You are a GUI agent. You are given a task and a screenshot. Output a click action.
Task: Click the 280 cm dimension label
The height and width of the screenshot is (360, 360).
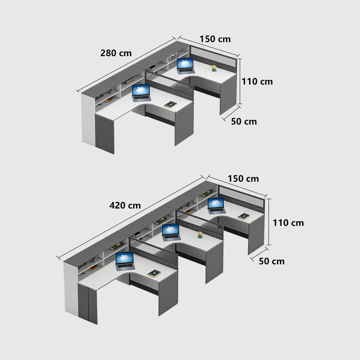[x=116, y=53]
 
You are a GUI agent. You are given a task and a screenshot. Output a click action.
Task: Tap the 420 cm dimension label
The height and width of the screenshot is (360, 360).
[x=125, y=205]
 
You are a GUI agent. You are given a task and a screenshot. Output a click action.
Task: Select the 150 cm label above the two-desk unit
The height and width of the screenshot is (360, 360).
[x=215, y=39]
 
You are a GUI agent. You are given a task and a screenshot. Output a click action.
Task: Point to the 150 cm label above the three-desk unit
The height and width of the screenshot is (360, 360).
[x=243, y=179]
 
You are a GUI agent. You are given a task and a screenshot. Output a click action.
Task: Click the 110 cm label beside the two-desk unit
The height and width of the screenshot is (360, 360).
[x=257, y=81]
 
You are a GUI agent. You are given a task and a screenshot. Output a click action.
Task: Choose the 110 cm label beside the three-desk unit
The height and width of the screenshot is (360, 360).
[x=288, y=223]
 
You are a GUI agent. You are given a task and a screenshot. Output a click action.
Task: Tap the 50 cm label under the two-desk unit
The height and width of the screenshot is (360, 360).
[x=244, y=121]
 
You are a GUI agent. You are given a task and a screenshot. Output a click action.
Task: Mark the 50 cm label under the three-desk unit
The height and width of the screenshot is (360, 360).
[x=271, y=261]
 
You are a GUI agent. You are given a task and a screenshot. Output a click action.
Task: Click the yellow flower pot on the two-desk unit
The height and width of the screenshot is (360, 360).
[x=214, y=68]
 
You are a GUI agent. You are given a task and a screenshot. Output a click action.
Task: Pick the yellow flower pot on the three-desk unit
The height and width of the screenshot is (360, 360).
[x=200, y=234]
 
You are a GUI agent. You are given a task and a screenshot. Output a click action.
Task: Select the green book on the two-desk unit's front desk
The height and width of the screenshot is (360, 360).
[x=170, y=105]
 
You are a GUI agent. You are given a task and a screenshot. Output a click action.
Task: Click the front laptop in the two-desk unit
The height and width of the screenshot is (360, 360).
[x=141, y=93]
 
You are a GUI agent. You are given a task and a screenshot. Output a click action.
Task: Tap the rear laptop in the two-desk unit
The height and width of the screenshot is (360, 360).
[x=185, y=66]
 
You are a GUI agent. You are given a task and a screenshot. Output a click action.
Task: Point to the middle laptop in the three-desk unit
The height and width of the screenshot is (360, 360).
[x=171, y=232]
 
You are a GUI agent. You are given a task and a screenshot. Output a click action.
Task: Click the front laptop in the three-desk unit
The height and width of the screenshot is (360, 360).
[x=125, y=261]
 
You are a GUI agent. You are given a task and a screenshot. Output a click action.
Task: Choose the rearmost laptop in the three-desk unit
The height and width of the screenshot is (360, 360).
[x=216, y=206]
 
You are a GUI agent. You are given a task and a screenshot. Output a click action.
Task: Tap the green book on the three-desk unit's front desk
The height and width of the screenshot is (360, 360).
[x=154, y=273]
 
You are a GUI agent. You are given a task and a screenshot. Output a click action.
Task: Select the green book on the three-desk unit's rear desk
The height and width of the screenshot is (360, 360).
[x=244, y=216]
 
